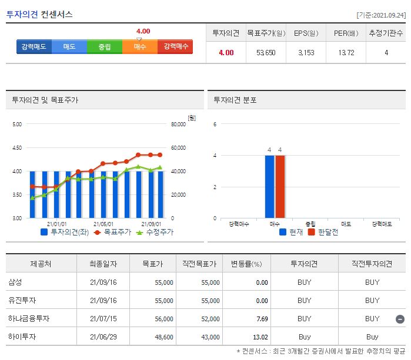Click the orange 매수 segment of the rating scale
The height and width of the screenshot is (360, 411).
140,46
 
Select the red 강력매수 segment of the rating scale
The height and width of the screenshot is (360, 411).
175,46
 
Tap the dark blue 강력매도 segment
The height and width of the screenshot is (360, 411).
34,46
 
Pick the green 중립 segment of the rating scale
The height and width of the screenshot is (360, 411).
105,46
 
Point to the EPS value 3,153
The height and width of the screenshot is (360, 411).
306,53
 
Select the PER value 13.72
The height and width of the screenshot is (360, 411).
346,53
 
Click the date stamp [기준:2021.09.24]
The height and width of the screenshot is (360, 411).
381,15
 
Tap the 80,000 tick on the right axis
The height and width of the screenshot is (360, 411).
177,125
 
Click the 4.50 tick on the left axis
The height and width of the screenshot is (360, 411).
16,148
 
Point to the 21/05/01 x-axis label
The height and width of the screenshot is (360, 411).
103,224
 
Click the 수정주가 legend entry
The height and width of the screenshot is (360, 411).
155,232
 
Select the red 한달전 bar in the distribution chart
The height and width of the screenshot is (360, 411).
280,187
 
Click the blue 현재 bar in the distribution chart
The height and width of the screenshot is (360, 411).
269,187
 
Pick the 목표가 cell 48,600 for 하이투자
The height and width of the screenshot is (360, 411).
163,337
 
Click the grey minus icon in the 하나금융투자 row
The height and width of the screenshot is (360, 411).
400,319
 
